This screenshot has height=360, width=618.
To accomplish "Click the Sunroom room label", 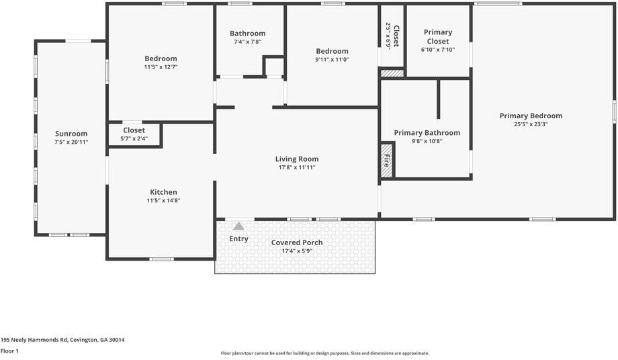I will [x=71, y=134].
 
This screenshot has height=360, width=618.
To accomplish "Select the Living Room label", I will [x=297, y=159].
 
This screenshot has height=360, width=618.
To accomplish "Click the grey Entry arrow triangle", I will [x=238, y=226].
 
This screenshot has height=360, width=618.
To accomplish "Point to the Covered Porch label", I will [x=297, y=242].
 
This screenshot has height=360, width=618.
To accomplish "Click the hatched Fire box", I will [x=387, y=161].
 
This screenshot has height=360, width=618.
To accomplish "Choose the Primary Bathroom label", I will [x=427, y=133].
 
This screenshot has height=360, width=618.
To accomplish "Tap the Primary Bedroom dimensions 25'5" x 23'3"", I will [x=531, y=124].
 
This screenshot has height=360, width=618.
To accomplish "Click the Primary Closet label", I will [x=438, y=36].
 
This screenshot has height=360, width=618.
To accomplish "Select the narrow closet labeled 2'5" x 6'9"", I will [x=392, y=37].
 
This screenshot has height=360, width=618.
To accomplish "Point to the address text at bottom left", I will [x=62, y=340].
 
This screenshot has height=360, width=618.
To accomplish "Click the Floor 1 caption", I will [x=9, y=351].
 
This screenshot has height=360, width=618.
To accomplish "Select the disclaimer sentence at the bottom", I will [x=325, y=353].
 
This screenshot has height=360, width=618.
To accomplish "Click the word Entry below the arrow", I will [x=238, y=239].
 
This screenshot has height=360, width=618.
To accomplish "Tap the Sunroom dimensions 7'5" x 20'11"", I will [x=71, y=142].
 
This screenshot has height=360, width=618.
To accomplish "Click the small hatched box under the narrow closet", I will [x=392, y=73].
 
